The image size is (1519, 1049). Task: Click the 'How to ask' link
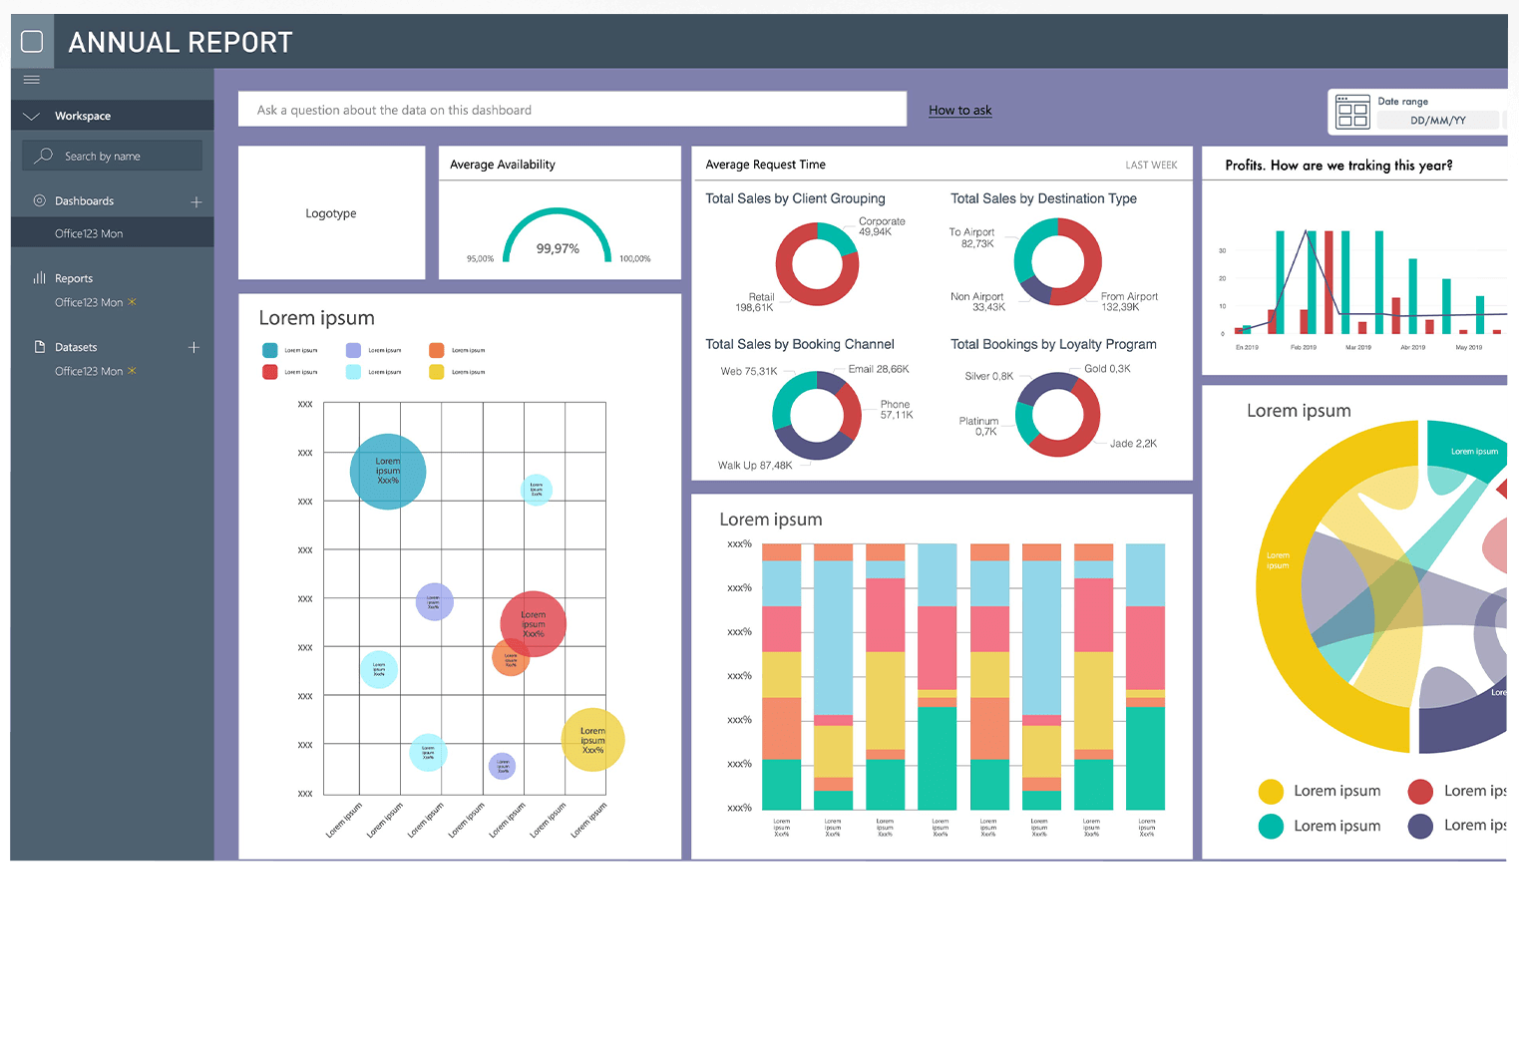(959, 110)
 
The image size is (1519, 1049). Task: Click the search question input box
(571, 110)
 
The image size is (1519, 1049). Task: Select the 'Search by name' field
(113, 156)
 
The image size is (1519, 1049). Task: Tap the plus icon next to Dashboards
(196, 201)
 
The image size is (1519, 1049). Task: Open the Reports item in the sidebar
(73, 278)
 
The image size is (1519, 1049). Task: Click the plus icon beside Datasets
(194, 347)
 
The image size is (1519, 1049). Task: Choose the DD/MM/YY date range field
(1437, 121)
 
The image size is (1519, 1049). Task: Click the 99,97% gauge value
(558, 248)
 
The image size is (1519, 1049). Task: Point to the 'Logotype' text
(331, 213)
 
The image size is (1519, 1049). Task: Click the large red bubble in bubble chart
(534, 623)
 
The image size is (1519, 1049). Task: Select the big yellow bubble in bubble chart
(593, 740)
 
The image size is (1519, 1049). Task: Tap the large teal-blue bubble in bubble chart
(388, 472)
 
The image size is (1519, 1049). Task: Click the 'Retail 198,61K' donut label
(755, 302)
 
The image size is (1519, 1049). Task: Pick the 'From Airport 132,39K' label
(1128, 301)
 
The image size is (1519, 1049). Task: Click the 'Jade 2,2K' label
(1133, 443)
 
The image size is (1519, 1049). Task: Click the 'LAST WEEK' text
(1151, 166)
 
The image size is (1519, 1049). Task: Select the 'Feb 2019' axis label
(1304, 347)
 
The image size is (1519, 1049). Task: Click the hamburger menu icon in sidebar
(32, 80)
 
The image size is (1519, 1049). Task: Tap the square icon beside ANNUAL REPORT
(32, 41)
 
